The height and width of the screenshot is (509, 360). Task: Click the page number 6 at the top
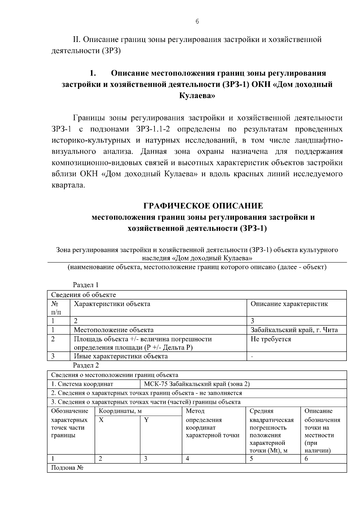point(197,21)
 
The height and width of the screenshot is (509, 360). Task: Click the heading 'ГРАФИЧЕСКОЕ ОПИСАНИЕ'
point(203,206)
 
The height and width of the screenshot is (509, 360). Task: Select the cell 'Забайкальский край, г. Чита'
point(294,330)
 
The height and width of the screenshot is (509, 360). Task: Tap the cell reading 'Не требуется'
point(271,339)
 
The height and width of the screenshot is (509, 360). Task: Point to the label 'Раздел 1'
point(86,285)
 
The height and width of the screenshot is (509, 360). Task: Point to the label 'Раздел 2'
point(86,365)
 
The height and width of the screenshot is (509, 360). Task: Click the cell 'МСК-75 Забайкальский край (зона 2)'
point(197,384)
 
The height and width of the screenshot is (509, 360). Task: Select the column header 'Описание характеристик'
point(289,304)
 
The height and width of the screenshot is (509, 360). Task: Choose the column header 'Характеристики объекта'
point(112,304)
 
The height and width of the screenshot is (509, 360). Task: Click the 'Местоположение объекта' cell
point(114,330)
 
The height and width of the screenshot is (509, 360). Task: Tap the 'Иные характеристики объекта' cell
point(121,356)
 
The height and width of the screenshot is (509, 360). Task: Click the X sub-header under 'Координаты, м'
point(101,420)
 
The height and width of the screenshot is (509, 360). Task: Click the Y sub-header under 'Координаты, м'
point(146,420)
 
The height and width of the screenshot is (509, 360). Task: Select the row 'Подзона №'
point(67,468)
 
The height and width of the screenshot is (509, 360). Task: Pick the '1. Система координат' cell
point(82,384)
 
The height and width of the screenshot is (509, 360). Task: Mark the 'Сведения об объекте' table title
point(83,295)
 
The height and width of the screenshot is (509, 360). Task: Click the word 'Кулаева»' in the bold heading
point(197,96)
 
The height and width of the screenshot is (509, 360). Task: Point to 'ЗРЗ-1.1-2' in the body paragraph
point(155,129)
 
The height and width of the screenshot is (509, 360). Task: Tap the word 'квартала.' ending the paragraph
point(68,185)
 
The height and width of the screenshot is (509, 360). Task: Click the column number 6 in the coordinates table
point(306,459)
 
